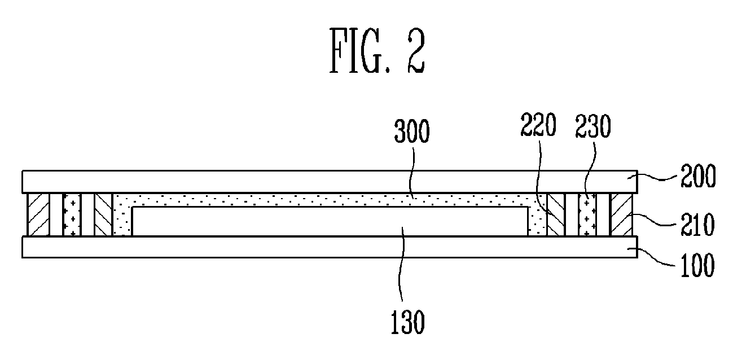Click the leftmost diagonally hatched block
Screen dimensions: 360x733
tap(38, 214)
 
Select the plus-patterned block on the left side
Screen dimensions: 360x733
tap(72, 214)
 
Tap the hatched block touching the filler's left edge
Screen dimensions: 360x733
tap(104, 214)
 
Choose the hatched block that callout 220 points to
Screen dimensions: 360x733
tap(556, 214)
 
